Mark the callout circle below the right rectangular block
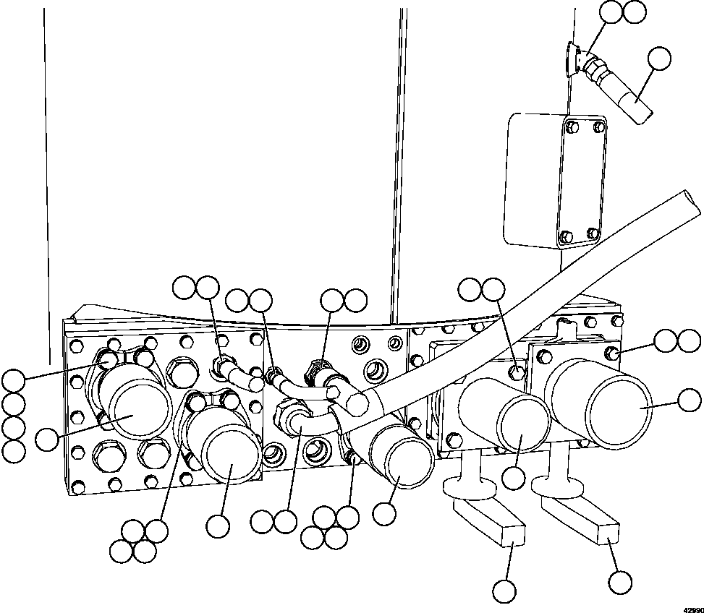click(619, 582)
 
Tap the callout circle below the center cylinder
click(384, 514)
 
